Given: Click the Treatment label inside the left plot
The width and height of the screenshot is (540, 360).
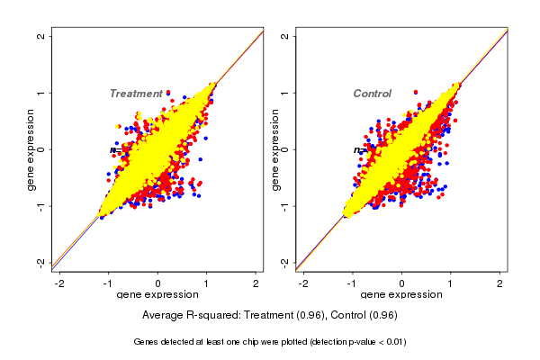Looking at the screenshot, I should click(x=136, y=94).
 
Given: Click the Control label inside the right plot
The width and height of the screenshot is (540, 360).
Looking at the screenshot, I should click(x=372, y=94).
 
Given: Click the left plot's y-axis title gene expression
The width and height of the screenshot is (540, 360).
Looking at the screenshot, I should click(x=31, y=149).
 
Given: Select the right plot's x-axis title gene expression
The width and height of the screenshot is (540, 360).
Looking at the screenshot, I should click(x=401, y=295).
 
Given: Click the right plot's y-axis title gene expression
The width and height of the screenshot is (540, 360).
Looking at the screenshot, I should click(x=274, y=149).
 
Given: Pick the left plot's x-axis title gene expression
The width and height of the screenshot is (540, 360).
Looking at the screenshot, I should click(x=157, y=295).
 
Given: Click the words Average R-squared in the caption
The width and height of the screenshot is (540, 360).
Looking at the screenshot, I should click(x=186, y=315).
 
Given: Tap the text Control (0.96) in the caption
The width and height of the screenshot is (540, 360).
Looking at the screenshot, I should click(x=364, y=315).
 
